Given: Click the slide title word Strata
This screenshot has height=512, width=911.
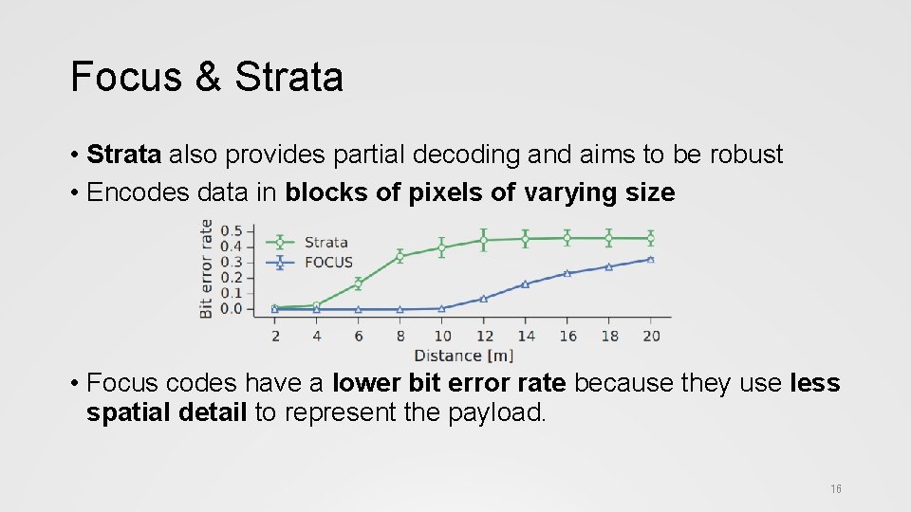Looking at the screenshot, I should point(288,77).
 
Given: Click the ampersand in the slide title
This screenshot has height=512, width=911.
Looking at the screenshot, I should point(207,77).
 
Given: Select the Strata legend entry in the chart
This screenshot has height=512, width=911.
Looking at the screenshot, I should point(325,242).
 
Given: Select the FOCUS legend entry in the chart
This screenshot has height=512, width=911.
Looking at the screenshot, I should point(327,263).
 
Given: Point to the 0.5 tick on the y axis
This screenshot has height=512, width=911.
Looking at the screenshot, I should point(231,230).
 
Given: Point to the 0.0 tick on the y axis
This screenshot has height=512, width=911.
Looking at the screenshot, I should point(231,309).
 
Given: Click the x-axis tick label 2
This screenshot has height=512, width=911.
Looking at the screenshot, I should point(275,335).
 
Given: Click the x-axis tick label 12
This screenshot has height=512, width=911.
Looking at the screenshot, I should point(485,335).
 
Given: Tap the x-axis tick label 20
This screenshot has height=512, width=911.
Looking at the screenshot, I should point(651,335).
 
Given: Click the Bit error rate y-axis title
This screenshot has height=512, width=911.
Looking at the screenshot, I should point(206,268).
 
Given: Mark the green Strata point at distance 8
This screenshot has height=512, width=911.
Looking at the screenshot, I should point(400,256).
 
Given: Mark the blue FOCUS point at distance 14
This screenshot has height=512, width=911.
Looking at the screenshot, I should point(525,284).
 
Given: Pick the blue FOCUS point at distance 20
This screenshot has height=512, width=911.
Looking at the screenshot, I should point(651,259).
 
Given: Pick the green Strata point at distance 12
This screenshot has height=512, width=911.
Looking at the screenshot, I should point(484,240).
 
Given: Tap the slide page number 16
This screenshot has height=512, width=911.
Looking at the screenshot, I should point(835,489).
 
